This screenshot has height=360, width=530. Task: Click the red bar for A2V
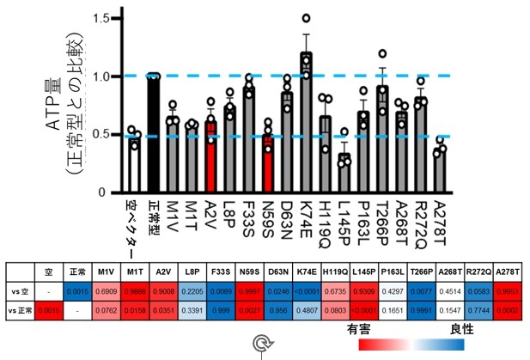(210, 156)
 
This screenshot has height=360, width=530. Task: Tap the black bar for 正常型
(154, 134)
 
